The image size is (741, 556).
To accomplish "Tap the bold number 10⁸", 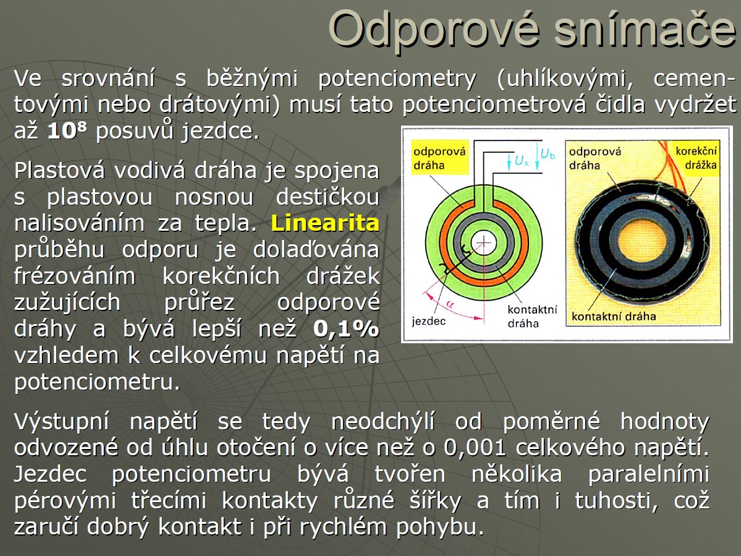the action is click(x=67, y=130).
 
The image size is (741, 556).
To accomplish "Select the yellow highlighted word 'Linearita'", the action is click(x=325, y=223).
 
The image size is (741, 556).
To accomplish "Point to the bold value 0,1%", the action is click(x=346, y=328).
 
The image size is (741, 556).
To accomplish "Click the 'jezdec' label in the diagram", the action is click(x=428, y=322).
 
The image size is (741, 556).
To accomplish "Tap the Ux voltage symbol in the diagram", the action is click(x=522, y=161).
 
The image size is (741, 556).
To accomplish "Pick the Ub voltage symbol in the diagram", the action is click(x=547, y=153).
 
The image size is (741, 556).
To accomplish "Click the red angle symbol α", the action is click(x=450, y=305).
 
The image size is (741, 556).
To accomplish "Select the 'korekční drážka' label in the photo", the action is click(x=696, y=158).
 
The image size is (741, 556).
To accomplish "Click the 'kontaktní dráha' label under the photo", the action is click(x=614, y=316).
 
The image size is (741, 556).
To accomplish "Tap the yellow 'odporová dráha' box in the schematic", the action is click(x=439, y=158).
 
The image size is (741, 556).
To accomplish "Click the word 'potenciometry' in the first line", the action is click(x=397, y=79).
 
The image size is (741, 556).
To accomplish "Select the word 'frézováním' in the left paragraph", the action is click(x=74, y=276).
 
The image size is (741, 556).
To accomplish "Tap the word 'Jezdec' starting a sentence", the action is click(x=50, y=474).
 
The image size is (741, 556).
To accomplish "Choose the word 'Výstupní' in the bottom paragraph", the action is click(x=61, y=421).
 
